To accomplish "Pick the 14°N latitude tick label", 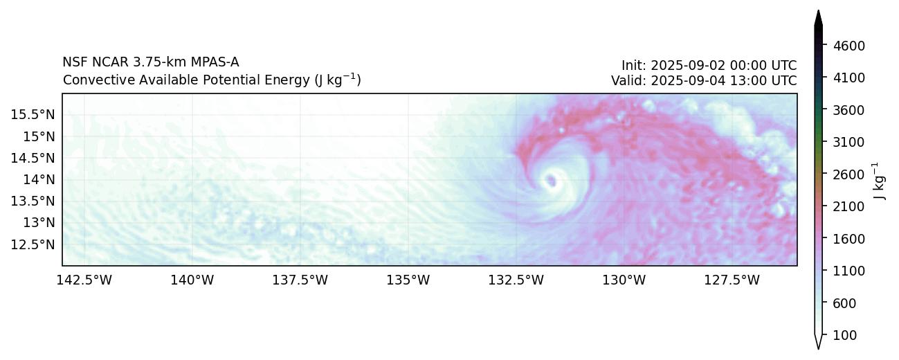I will pos(38,179).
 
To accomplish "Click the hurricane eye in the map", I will pos(552,181).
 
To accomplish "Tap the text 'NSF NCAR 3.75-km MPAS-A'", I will pos(151,62).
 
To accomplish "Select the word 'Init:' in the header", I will pos(634,66).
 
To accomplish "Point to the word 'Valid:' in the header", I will pos(627,81).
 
